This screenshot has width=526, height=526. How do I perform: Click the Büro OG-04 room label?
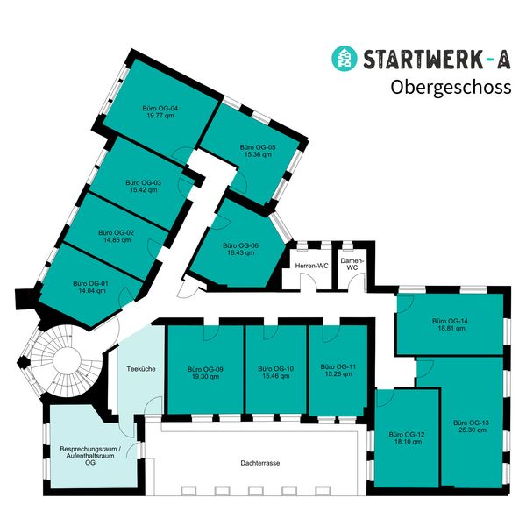click(161, 109)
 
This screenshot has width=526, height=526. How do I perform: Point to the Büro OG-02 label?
click(118, 232)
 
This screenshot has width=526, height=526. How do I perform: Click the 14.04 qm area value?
click(90, 290)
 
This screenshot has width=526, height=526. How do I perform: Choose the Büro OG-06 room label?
click(239, 245)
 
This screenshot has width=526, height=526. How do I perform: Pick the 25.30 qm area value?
click(471, 430)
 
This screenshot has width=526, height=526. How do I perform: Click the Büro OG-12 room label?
click(409, 436)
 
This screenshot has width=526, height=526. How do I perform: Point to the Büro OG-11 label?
click(338, 366)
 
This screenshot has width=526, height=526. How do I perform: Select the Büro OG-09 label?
click(206, 369)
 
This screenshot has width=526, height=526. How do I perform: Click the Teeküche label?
click(141, 369)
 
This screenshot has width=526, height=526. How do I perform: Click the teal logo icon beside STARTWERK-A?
click(343, 58)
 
